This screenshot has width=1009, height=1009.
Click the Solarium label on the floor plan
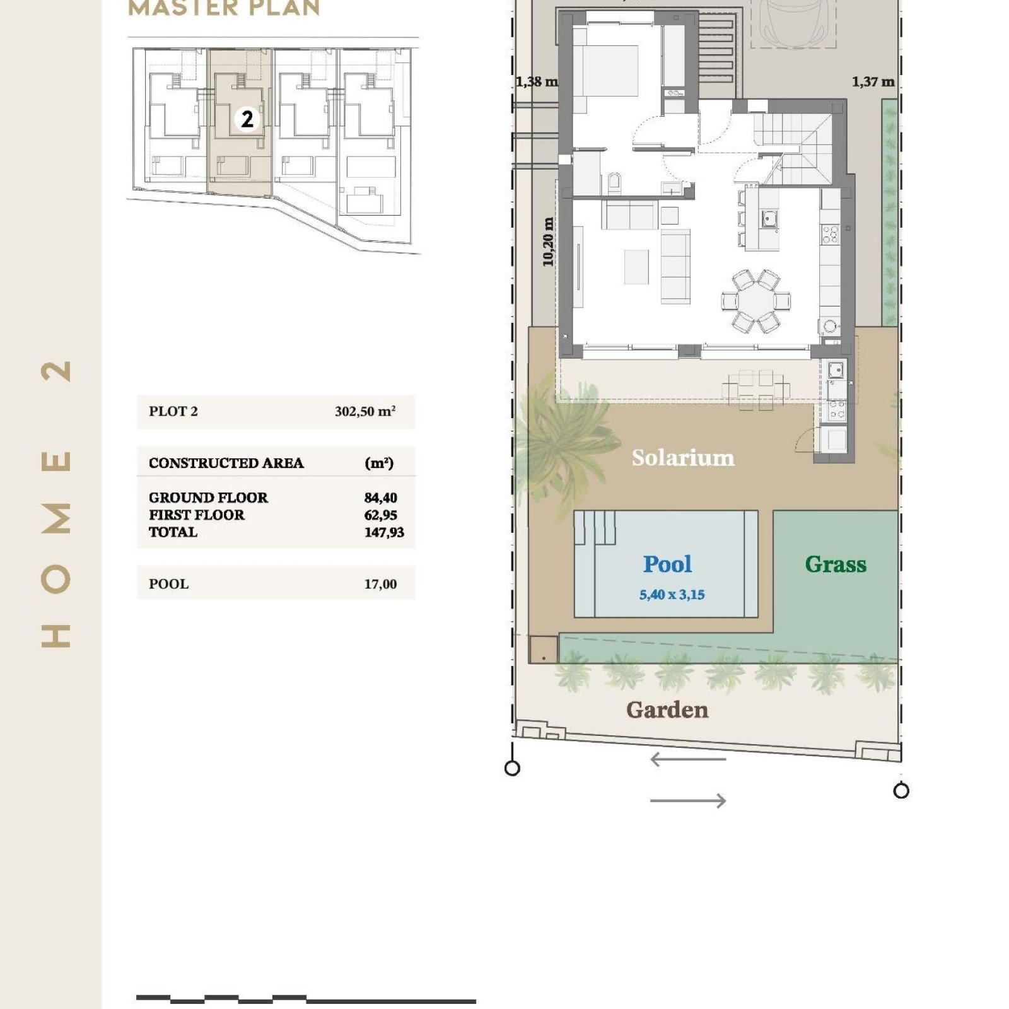683,458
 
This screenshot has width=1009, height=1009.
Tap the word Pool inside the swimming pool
667,564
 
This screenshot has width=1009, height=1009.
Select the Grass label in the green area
836,564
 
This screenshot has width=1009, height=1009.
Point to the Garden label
667,710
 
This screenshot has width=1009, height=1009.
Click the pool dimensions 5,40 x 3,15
672,594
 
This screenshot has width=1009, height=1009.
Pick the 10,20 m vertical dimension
548,242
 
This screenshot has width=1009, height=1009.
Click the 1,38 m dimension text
537,81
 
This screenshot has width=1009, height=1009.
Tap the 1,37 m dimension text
873,81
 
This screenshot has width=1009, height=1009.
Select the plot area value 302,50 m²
365,411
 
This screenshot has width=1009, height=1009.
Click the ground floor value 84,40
381,498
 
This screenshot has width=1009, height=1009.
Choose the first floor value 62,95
381,515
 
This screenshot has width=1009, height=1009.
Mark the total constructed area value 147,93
384,532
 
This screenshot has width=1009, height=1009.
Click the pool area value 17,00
381,584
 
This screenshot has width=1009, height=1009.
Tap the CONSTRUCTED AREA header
226,463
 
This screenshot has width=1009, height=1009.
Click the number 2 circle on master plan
247,119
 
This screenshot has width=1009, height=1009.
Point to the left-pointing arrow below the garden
688,759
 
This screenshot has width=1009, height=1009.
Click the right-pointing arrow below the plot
688,801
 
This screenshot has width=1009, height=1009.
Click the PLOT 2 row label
173,411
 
